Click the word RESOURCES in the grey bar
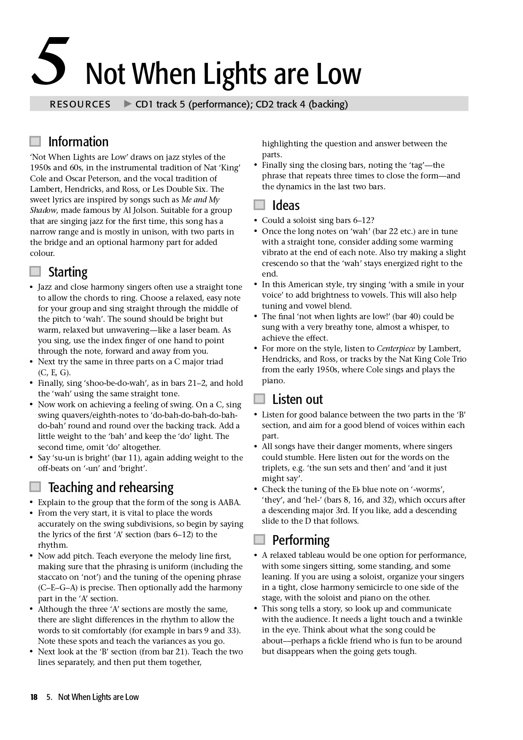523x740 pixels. (80, 104)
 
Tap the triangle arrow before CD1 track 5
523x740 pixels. (128, 104)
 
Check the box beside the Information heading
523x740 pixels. (35, 141)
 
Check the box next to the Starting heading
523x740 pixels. (35, 272)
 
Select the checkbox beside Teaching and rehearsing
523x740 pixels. (35, 487)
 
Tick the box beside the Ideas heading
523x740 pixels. (259, 205)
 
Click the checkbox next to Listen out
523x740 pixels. (259, 399)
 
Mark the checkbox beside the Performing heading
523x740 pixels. (259, 540)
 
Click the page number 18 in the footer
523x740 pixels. (34, 697)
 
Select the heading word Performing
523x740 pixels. (301, 540)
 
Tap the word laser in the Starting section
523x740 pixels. (195, 330)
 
